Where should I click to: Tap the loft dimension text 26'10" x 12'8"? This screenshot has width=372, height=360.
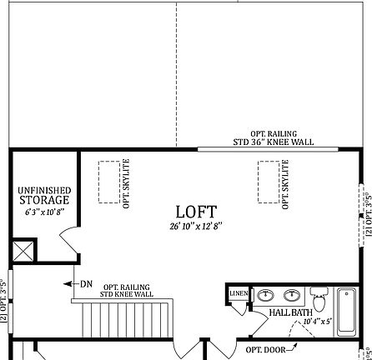196,225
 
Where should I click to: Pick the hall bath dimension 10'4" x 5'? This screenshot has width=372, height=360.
317,320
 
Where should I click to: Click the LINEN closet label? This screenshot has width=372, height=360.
238,294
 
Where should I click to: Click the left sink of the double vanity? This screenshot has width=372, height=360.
265,295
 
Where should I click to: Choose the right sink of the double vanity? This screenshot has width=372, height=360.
291,295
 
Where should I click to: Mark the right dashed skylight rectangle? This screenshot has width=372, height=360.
268,181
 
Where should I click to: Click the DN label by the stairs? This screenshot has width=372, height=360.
86,284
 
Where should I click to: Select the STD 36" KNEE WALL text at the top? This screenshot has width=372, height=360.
271,142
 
